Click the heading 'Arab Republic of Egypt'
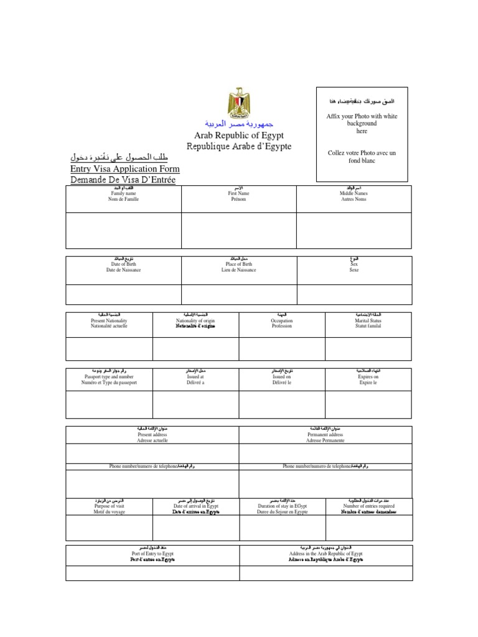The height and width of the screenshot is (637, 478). coord(239,135)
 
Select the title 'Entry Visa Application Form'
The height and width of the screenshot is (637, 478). coord(125,169)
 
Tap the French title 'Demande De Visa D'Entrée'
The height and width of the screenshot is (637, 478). coord(123,180)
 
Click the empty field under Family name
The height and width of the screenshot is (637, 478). coord(123,230)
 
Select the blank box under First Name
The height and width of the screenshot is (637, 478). coord(238,230)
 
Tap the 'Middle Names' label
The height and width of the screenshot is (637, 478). coord(354,193)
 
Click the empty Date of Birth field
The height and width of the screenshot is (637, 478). coord(123,294)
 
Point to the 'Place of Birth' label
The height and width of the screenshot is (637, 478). coord(238,264)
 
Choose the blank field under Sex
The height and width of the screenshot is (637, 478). coord(354,294)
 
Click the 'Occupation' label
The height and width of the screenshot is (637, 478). coord(281,321)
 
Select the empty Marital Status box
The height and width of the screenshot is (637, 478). coord(368,348)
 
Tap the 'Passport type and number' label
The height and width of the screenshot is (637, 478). coord(109,377)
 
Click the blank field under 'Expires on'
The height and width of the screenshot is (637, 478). coord(368,404)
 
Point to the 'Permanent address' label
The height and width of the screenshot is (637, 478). coord(325,435)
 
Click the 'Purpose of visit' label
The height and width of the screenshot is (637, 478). coord(109,506)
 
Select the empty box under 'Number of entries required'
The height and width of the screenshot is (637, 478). coord(368,528)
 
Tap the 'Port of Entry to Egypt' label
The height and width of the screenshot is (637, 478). coord(152,553)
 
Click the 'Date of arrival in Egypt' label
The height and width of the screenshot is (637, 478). coord(195,506)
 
